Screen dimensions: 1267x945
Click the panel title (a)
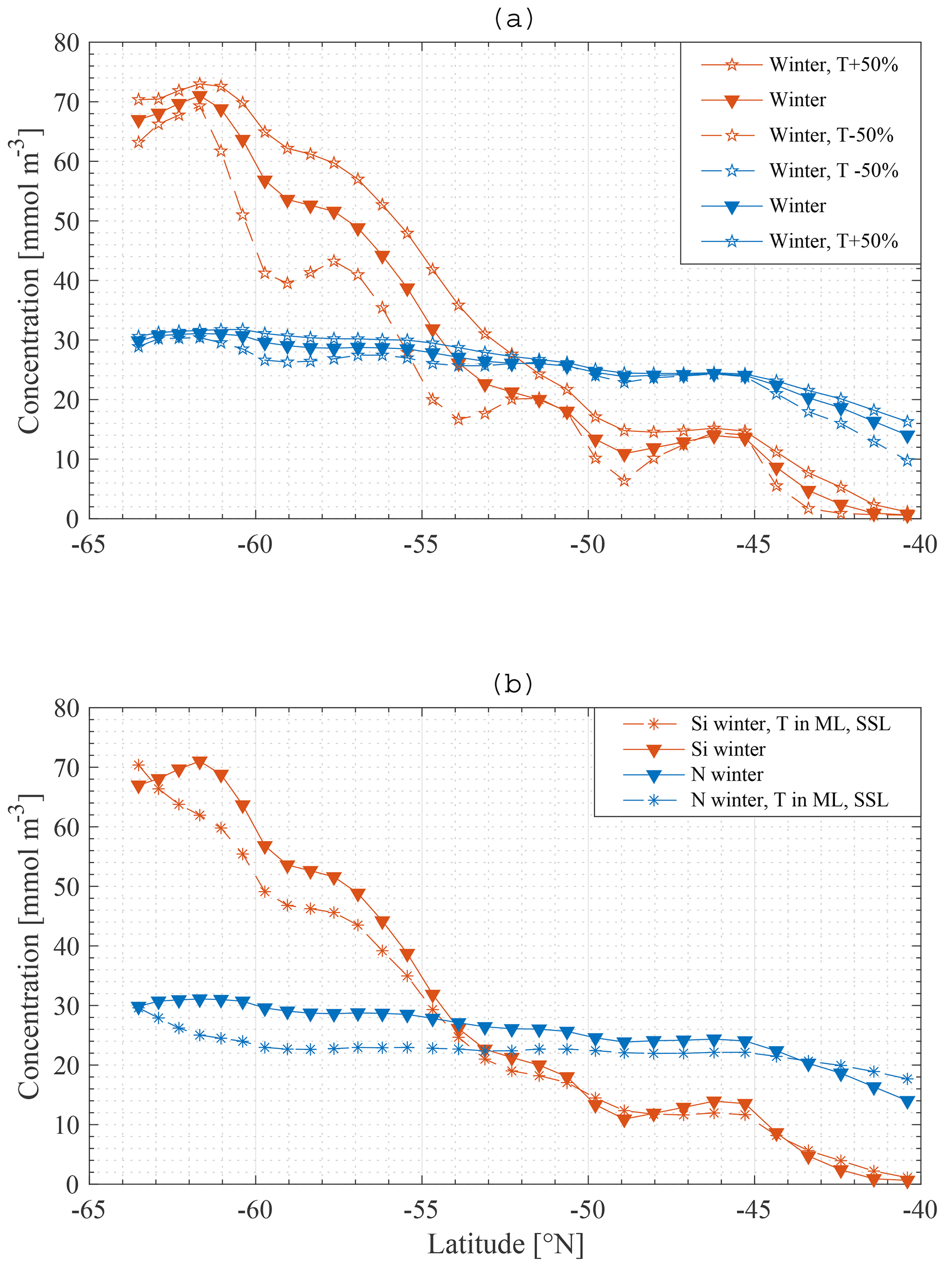513,20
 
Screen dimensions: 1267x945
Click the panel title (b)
513,684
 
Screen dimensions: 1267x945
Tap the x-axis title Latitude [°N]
506,1244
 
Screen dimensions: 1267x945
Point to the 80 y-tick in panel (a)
66,43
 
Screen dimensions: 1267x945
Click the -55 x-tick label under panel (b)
421,1210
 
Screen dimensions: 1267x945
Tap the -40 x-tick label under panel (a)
920,544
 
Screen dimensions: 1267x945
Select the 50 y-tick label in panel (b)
66,886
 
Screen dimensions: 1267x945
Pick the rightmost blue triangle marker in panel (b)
907,1101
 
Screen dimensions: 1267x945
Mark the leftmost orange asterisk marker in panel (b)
139,765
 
